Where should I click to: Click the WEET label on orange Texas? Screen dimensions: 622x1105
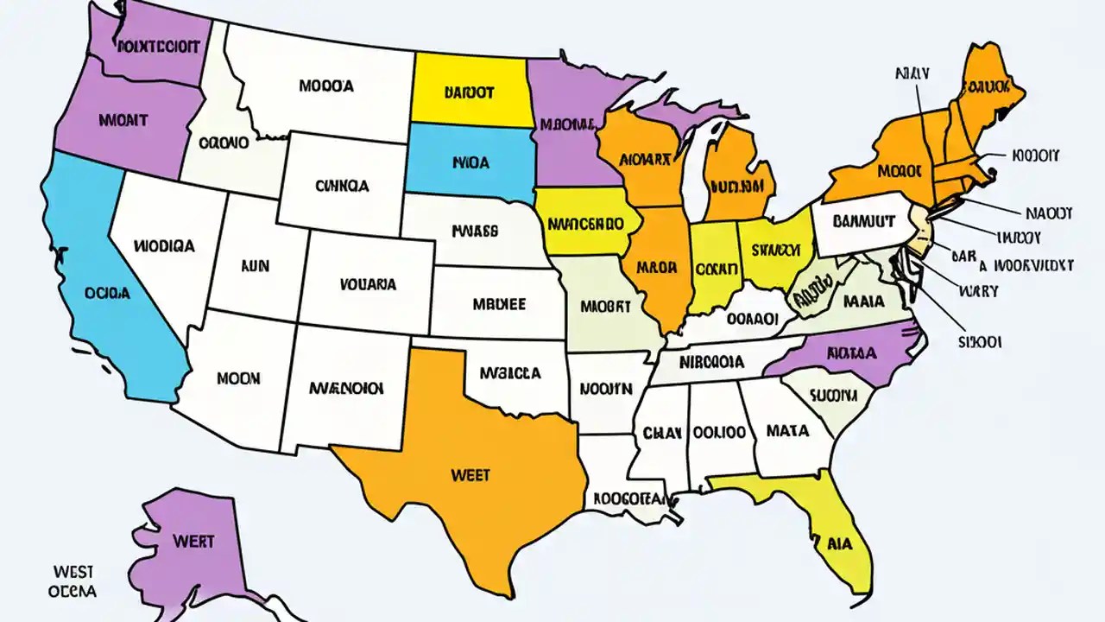coord(470,474)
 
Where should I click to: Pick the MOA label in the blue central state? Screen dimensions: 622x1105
coord(470,161)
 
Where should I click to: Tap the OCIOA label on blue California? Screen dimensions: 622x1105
coord(108,293)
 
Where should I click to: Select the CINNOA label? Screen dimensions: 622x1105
coord(342,185)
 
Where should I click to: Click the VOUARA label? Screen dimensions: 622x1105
coord(368,283)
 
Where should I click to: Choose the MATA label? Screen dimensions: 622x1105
coord(787,429)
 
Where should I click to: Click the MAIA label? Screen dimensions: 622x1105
coord(863,302)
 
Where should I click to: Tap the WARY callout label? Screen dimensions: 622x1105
coord(977,291)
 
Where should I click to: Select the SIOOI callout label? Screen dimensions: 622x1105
coord(980,342)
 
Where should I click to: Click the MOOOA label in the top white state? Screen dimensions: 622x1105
coord(325,86)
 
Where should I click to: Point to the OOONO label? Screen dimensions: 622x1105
coord(224,141)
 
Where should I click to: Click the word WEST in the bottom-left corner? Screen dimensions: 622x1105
coord(73,572)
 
